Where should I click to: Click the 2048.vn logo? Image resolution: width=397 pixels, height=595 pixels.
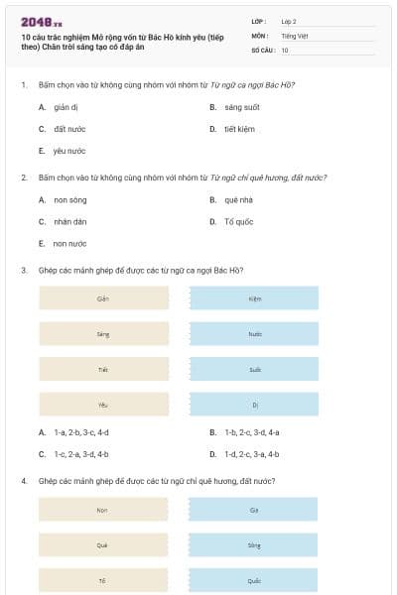42,22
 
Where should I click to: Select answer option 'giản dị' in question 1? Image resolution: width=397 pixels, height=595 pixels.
66,107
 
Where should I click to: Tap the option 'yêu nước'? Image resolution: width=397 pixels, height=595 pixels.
69,151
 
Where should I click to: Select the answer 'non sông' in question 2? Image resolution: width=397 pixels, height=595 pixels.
68,199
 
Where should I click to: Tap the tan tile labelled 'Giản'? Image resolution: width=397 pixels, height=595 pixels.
103,298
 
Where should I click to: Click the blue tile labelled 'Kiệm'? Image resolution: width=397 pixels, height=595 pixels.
255,298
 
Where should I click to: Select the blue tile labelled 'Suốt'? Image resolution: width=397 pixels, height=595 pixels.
255,369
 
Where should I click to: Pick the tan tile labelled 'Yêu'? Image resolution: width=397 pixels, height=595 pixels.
103,405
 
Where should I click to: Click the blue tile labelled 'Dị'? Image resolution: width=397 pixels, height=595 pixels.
255,405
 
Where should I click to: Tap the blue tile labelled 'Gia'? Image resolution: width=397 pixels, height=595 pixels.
255,510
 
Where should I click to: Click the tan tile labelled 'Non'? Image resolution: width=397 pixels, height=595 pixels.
103,510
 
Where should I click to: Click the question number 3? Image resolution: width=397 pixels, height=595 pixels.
23,270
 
